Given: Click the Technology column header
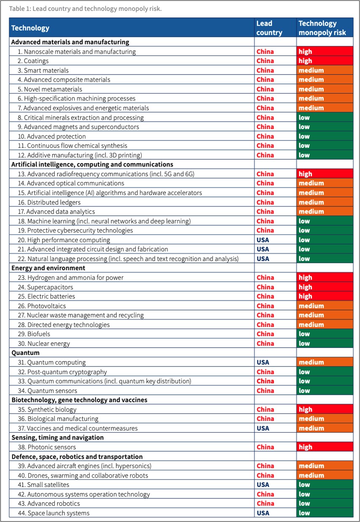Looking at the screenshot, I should point(30,28).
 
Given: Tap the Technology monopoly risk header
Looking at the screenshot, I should point(322,28).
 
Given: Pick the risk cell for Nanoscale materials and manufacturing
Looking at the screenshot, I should point(325,52).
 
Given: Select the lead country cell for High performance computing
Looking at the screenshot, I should point(263,240).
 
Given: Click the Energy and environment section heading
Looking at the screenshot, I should point(48,268).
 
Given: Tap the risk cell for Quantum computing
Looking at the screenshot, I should point(325,362).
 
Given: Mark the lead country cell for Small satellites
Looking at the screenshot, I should point(263,485).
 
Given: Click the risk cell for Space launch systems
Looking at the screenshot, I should point(325,513).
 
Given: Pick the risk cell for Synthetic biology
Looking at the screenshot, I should point(325,410).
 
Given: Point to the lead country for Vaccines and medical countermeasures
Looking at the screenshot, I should point(263,428).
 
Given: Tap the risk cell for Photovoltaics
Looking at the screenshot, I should point(325,306).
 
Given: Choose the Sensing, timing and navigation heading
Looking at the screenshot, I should point(57,437).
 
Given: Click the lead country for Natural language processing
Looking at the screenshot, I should point(263,259).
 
